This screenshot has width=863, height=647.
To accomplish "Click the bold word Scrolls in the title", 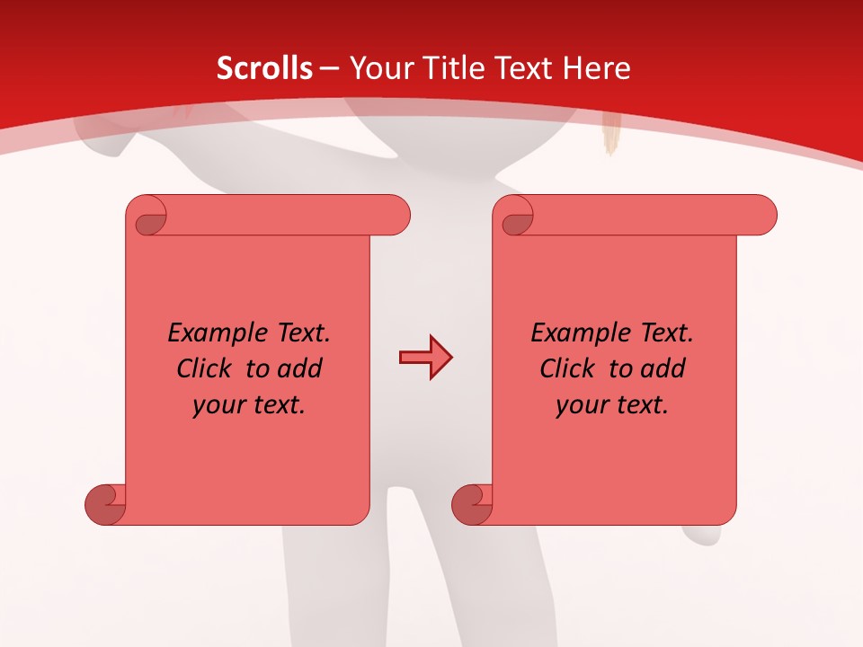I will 264,68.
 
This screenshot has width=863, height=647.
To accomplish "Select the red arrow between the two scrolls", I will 425,358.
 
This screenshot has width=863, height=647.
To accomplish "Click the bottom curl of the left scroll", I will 104,503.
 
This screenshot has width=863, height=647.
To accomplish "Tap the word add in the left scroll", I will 303,368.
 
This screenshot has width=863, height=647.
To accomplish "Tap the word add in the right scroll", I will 666,368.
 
